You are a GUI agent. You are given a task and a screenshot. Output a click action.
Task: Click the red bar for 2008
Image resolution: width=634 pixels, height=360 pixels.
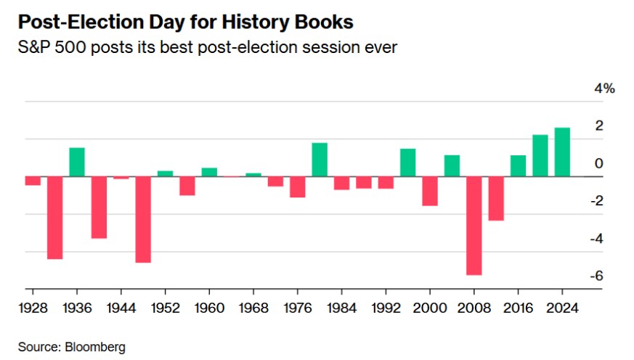point(474,225)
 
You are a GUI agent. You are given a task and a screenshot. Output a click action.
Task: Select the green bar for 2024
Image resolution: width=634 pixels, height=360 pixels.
point(562,152)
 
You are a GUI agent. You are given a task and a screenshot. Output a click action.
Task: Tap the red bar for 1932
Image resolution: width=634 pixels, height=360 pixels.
point(55,217)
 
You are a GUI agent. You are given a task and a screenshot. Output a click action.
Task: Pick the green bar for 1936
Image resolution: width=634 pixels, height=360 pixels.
point(77,162)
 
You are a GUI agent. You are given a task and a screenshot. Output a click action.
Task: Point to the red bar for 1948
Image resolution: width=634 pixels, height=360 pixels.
point(143,219)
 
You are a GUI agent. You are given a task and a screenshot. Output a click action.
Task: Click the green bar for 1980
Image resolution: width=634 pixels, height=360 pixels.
point(320,160)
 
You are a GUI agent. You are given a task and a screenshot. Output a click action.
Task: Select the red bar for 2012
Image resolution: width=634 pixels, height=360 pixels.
point(496,198)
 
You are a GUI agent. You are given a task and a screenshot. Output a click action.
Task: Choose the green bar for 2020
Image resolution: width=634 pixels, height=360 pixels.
point(540,155)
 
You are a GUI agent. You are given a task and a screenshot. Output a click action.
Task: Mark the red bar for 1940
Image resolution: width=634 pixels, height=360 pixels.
point(99,207)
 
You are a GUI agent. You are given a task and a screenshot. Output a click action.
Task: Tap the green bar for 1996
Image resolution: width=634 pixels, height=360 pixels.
point(408,163)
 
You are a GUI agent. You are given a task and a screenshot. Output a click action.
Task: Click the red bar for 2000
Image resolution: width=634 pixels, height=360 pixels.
point(430,191)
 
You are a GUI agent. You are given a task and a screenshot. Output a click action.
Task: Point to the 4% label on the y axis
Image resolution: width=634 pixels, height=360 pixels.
point(605,89)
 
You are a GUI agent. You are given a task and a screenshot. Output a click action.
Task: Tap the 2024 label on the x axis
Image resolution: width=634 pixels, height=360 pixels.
point(562,307)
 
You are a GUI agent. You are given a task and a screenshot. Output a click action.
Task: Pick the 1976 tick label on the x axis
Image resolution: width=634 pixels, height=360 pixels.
point(298,307)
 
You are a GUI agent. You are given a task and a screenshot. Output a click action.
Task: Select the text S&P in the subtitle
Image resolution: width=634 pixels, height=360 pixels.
point(36,50)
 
